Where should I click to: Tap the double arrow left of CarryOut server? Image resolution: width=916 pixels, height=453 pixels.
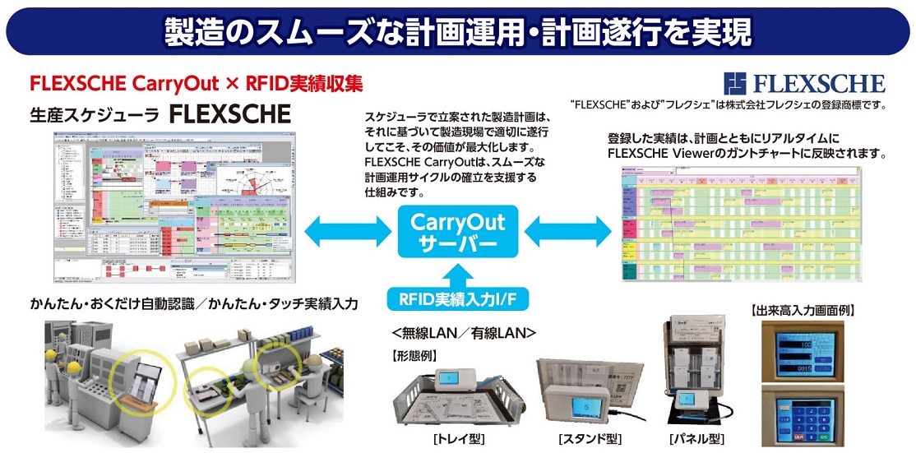(x=343, y=232)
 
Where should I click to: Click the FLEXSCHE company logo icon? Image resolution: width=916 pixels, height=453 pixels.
(x=734, y=84)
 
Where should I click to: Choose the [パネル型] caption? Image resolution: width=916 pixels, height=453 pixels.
(x=696, y=438)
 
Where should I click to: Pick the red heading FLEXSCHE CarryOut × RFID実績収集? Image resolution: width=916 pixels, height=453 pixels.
(x=196, y=84)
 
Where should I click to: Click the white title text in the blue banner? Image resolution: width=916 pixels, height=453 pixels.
(x=457, y=31)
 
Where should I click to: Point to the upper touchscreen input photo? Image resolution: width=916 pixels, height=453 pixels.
(x=803, y=349)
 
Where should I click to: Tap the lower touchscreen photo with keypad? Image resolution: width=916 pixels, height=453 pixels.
(x=803, y=415)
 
